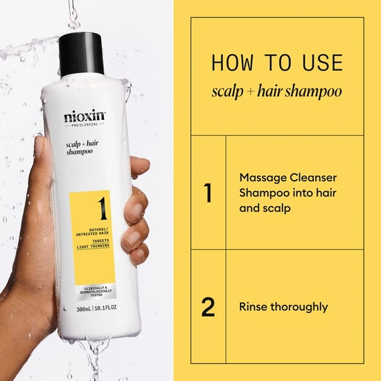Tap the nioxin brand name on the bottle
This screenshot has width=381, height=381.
coord(85,116)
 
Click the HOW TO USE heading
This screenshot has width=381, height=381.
coord(276,63)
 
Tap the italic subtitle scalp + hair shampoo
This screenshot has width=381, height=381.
coord(276,91)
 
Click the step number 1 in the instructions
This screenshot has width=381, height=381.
coord(208,193)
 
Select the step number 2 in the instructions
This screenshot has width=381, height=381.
coord(208,306)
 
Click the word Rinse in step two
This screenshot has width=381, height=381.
coord(254,306)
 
